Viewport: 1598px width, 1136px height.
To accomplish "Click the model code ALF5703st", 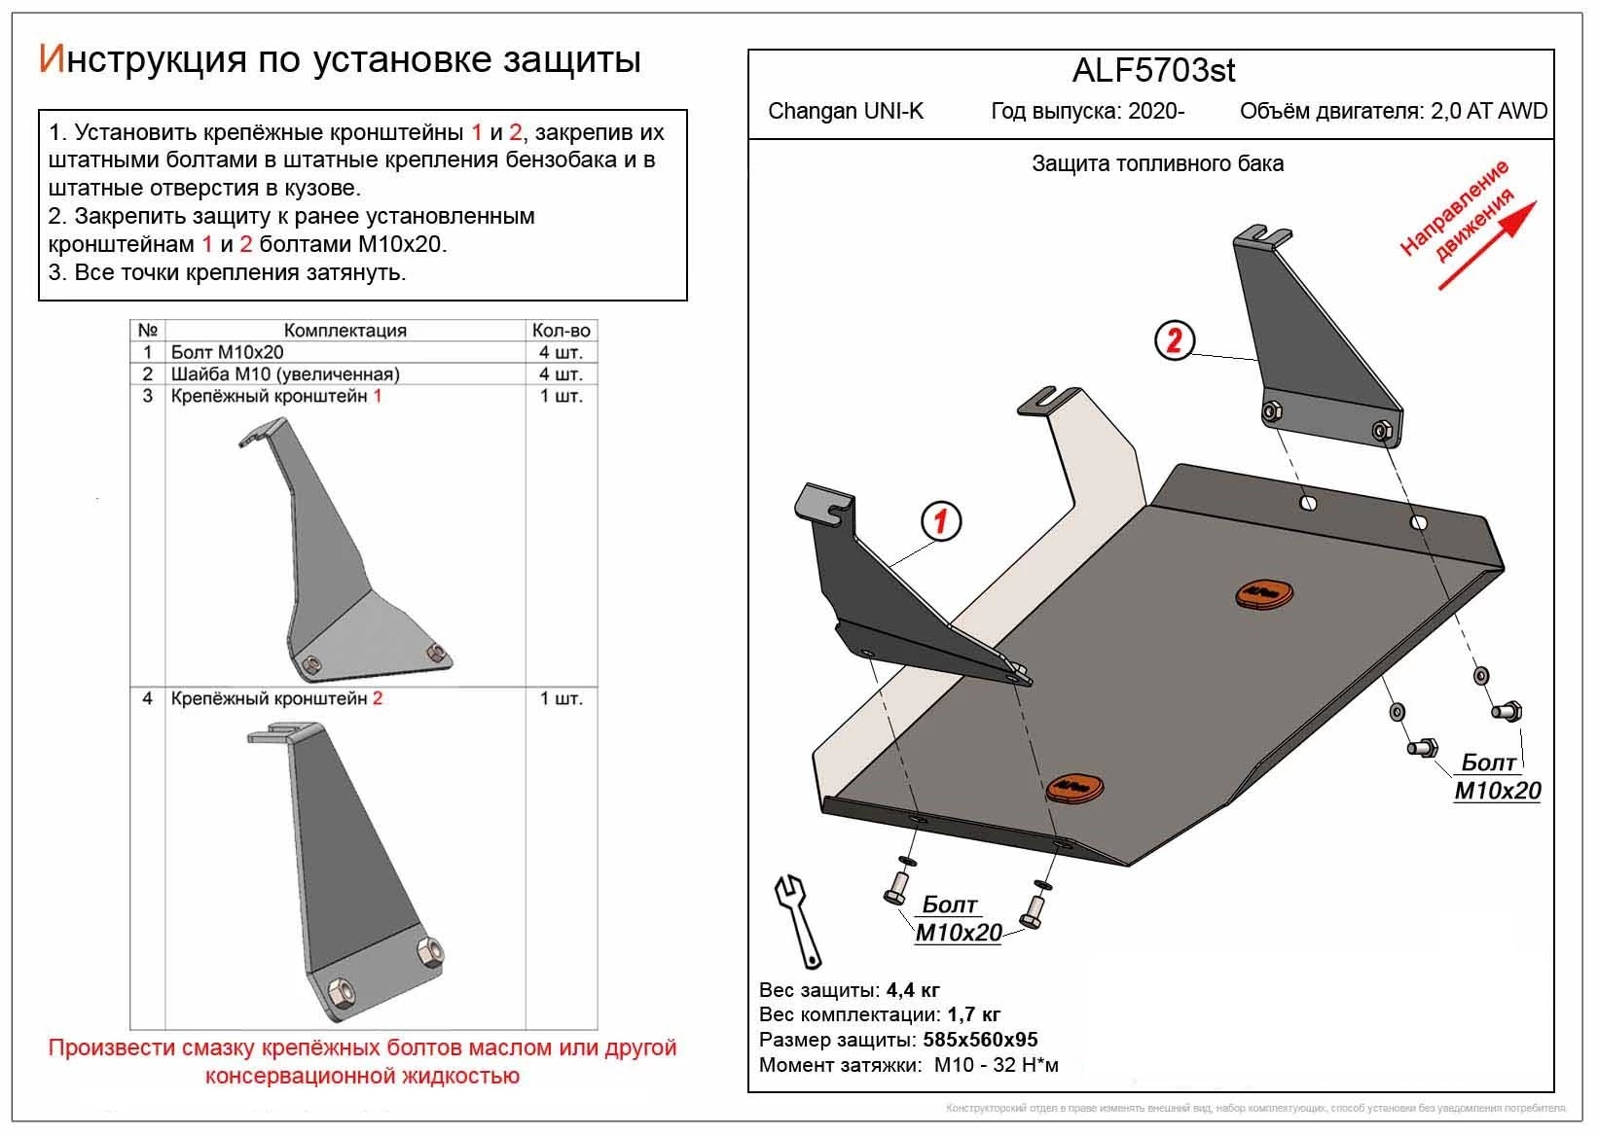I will tap(1153, 70).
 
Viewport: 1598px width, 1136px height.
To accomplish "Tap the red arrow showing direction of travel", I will tap(1489, 246).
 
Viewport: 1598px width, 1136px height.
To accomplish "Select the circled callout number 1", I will tap(940, 522).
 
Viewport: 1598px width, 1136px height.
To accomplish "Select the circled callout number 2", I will tap(1175, 340).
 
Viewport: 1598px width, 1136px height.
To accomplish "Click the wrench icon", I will tap(797, 919).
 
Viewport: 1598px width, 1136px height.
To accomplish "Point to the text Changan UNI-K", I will tap(846, 111).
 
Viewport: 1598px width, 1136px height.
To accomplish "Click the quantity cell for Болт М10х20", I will tap(561, 352).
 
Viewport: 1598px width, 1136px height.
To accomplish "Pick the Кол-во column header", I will tap(561, 331).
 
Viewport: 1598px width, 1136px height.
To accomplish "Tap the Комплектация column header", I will tap(345, 331).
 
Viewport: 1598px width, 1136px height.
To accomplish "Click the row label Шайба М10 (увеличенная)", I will tap(285, 374).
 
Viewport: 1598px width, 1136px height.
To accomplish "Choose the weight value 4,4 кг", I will tap(913, 991).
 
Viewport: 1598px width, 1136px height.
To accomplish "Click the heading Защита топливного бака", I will tap(1157, 164).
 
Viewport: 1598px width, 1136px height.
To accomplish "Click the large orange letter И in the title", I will tap(51, 60).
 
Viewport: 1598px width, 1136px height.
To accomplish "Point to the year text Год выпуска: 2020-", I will tap(1087, 111).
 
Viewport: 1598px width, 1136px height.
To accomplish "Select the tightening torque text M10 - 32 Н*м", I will tap(996, 1065).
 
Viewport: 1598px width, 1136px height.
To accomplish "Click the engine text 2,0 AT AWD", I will tap(1488, 111).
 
